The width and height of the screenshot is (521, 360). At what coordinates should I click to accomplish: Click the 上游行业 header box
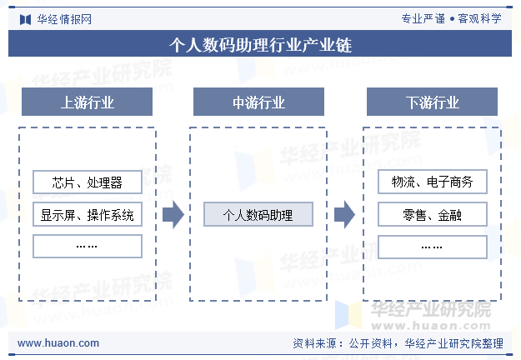point(87,102)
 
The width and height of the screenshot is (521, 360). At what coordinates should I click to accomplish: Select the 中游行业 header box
point(258,102)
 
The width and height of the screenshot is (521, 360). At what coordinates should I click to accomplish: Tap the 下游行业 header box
point(432,102)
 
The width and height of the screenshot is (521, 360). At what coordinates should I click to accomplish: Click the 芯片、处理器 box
point(88,182)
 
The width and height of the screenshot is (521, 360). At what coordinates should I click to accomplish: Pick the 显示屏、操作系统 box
point(88,214)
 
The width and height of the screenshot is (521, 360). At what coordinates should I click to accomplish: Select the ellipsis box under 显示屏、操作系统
point(88,246)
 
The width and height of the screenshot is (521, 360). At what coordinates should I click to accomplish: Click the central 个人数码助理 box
point(258,214)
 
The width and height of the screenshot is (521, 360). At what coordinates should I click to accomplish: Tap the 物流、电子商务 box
point(433,182)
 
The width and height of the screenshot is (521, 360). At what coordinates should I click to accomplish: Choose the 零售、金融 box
point(433,214)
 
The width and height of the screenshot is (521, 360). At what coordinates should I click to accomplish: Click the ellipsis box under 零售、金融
point(433,247)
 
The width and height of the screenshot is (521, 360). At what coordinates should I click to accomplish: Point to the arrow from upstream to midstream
point(173,214)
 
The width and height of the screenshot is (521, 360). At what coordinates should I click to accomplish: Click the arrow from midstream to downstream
point(344,214)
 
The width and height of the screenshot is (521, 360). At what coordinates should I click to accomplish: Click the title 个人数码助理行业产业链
point(260,44)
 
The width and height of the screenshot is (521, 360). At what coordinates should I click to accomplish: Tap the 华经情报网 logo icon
point(25,20)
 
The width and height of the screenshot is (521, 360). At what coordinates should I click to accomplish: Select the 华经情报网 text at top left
point(64,19)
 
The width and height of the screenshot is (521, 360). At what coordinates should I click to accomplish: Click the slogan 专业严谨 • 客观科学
point(451,18)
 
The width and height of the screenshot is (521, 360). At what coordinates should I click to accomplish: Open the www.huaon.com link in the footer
point(58,342)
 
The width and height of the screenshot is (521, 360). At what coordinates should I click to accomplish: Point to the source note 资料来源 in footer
point(398,343)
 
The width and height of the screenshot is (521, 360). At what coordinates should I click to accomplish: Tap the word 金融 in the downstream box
point(449,214)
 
